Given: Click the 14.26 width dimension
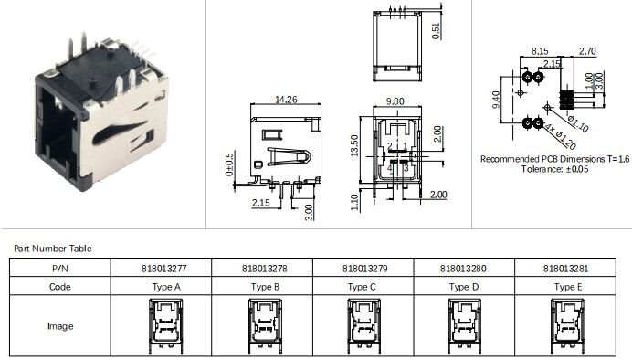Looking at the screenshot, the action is [x=286, y=100].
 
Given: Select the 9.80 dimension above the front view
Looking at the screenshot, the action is [x=395, y=101].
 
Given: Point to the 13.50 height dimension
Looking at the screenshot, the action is [x=354, y=145].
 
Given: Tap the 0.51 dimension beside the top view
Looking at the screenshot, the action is [x=436, y=31].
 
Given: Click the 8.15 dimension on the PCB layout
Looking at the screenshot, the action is [x=539, y=51].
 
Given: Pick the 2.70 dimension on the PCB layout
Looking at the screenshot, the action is [x=587, y=51].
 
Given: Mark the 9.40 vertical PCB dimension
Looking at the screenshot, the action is [x=496, y=100].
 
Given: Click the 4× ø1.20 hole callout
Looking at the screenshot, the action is [x=560, y=136].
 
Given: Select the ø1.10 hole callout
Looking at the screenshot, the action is [x=578, y=123].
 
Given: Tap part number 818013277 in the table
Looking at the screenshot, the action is [x=163, y=269].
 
